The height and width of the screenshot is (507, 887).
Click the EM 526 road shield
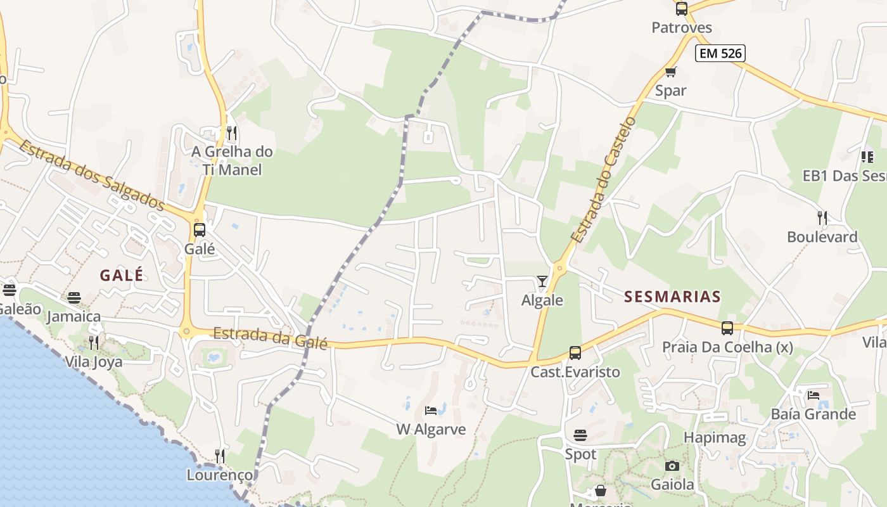point(720,53)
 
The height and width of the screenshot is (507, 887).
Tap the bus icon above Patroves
point(682,9)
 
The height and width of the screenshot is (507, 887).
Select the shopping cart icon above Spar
point(670,72)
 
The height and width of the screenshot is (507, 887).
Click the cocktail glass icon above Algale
point(542,281)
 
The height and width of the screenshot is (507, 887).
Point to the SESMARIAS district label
point(672,297)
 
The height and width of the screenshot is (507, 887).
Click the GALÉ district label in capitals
point(122,275)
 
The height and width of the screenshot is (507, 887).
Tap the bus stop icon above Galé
point(200,230)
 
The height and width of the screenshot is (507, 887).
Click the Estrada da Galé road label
point(270,338)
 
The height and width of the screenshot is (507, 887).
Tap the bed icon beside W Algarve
point(431,411)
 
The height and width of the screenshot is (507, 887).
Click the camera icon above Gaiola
point(672,466)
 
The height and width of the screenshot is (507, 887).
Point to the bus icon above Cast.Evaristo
point(575,353)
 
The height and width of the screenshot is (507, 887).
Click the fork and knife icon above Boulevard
point(822,218)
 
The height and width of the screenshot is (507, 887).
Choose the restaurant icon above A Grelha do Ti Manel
point(232,133)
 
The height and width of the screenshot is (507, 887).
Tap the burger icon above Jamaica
point(74,298)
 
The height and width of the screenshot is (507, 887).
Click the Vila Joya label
point(94,362)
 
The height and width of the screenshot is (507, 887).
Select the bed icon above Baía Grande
point(814,395)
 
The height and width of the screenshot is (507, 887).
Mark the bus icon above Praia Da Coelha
point(727,328)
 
